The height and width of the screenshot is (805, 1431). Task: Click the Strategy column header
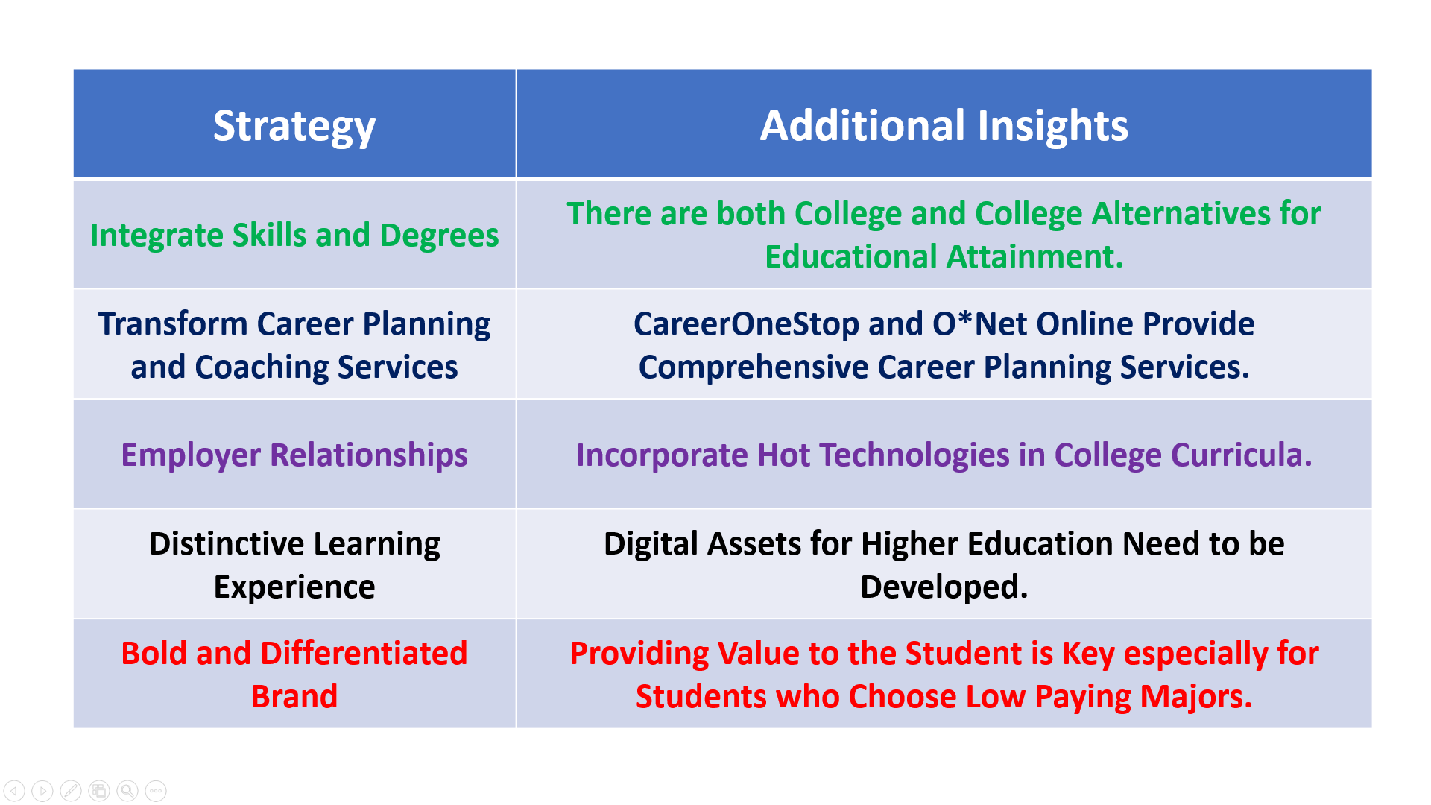click(294, 125)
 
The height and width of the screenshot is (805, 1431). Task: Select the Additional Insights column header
click(944, 125)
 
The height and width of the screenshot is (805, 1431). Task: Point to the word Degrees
click(439, 236)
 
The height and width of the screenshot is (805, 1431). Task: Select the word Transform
click(173, 324)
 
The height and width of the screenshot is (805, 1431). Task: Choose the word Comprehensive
click(753, 367)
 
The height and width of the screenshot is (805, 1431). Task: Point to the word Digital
click(650, 544)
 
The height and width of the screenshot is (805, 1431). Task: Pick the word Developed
click(944, 587)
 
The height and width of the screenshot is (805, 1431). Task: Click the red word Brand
click(294, 697)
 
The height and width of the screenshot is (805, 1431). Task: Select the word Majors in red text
click(1195, 697)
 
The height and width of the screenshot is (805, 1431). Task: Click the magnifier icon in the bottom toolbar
click(127, 790)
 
